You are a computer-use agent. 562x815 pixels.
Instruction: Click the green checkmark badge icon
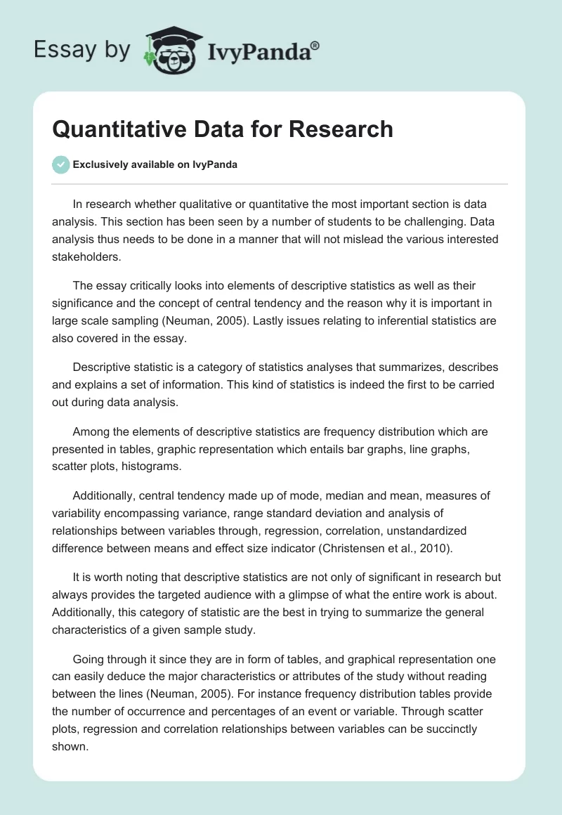click(x=60, y=164)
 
